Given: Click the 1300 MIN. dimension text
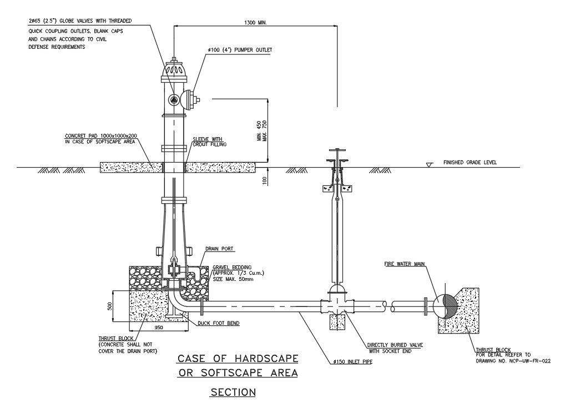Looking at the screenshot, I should [256, 23].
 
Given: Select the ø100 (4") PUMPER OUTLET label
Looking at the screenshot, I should [240, 50].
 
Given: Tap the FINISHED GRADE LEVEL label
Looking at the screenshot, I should [470, 163].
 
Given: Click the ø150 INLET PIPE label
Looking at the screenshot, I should [352, 361].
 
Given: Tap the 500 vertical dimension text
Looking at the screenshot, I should [110, 306].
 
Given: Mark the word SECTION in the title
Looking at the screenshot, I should [233, 392].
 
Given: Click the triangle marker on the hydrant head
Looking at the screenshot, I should [174, 99].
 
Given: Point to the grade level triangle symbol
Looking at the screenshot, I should [428, 165].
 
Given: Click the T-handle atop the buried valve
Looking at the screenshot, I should [338, 150].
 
